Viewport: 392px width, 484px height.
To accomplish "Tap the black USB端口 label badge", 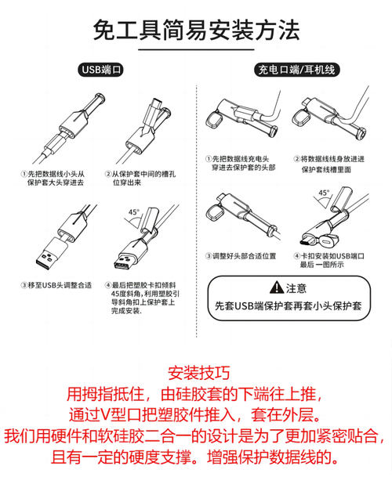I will tap(102, 70).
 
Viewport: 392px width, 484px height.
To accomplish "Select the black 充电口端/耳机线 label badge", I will tap(296, 70).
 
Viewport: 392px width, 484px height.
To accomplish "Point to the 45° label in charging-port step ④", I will tap(324, 192).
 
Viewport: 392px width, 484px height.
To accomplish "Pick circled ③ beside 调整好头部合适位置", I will tap(208, 256).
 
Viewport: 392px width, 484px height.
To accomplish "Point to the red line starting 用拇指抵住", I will tap(196, 393).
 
